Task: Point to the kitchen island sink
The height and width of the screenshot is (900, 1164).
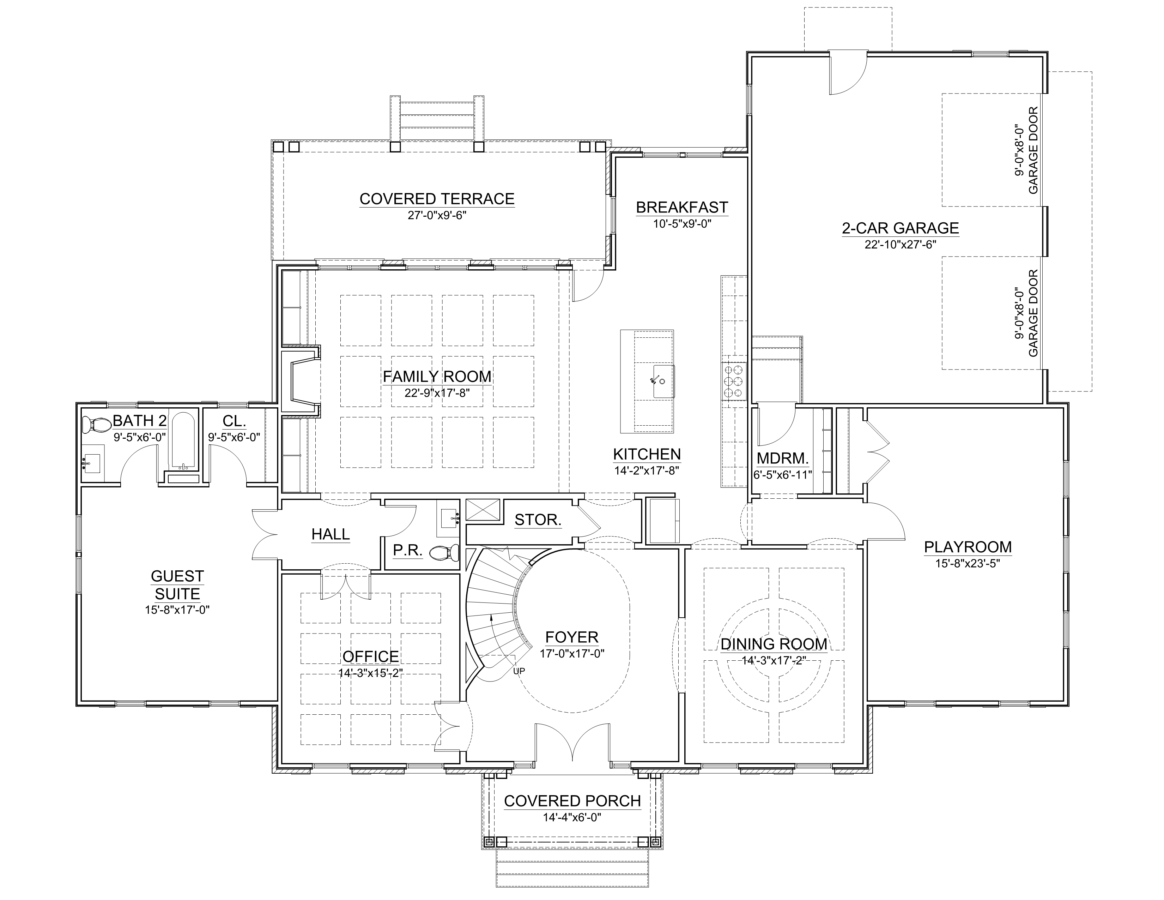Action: pyautogui.click(x=662, y=381)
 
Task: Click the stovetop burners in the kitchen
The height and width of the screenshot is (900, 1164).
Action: pyautogui.click(x=733, y=381)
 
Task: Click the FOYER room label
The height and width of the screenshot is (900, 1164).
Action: pyautogui.click(x=572, y=637)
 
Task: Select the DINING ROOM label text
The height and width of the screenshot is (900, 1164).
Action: pyautogui.click(x=774, y=644)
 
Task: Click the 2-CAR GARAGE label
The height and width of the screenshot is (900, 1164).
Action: pyautogui.click(x=900, y=228)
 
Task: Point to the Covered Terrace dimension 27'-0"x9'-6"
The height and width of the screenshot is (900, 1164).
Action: pyautogui.click(x=437, y=215)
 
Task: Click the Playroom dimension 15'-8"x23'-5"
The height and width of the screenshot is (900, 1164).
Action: pyautogui.click(x=967, y=563)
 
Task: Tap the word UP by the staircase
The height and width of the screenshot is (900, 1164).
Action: pyautogui.click(x=519, y=671)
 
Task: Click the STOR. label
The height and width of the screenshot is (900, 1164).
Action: pyautogui.click(x=538, y=520)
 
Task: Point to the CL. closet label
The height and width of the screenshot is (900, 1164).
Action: pyautogui.click(x=234, y=421)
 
